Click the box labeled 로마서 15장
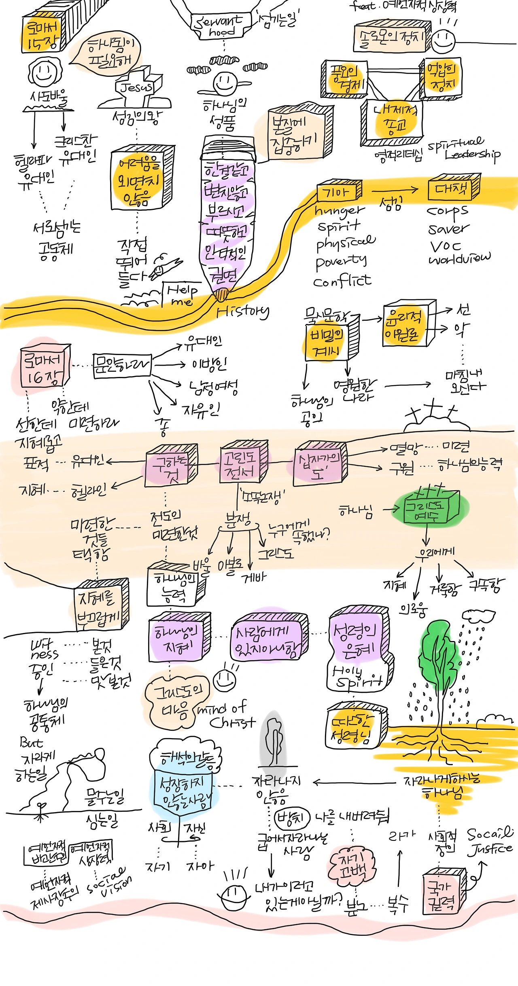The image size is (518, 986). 42,35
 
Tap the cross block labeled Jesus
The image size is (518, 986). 138,87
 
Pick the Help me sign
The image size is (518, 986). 182,294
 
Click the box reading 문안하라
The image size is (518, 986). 122,366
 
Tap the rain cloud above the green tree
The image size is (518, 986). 478,616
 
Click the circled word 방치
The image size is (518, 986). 291,818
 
